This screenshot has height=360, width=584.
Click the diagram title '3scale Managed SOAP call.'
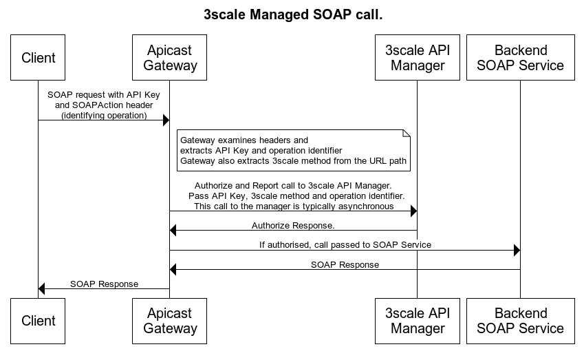(292, 14)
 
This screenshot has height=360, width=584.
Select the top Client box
(39, 57)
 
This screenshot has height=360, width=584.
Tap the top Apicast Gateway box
(170, 57)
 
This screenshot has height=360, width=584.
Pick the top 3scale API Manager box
(418, 57)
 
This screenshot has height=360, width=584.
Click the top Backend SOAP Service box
(520, 57)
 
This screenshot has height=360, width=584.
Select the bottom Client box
(39, 321)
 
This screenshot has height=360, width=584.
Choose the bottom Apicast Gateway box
(170, 321)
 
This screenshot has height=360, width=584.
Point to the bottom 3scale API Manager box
(418, 321)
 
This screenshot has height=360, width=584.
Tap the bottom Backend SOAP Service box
(520, 321)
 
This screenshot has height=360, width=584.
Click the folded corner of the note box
(407, 133)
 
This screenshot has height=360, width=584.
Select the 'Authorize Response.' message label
(293, 225)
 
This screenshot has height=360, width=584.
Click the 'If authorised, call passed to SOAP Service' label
(345, 244)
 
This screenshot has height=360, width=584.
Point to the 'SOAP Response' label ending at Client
(104, 284)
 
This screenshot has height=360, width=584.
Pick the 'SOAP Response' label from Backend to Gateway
(345, 264)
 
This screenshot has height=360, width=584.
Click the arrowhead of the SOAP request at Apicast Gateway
(166, 120)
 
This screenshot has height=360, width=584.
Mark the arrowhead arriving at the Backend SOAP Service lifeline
(516, 250)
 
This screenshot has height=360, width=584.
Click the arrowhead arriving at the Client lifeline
(43, 289)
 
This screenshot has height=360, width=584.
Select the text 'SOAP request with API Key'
(104, 94)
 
